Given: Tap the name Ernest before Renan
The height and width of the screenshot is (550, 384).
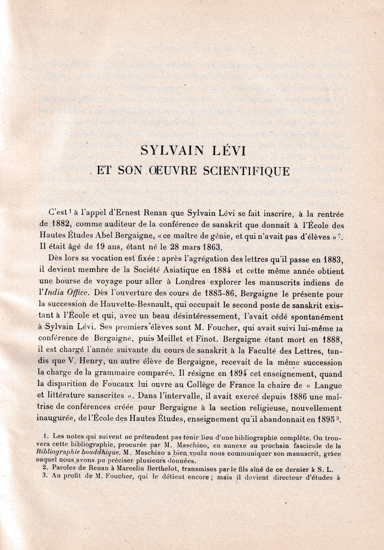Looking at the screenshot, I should [128, 213].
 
